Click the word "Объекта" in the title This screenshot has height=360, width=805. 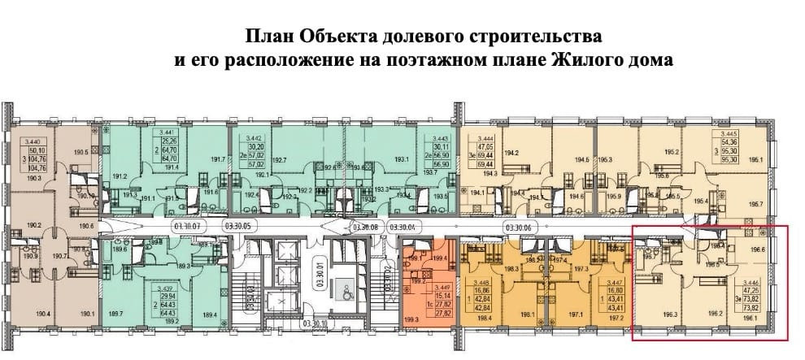[337, 37]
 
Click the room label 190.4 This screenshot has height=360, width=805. [42, 314]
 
